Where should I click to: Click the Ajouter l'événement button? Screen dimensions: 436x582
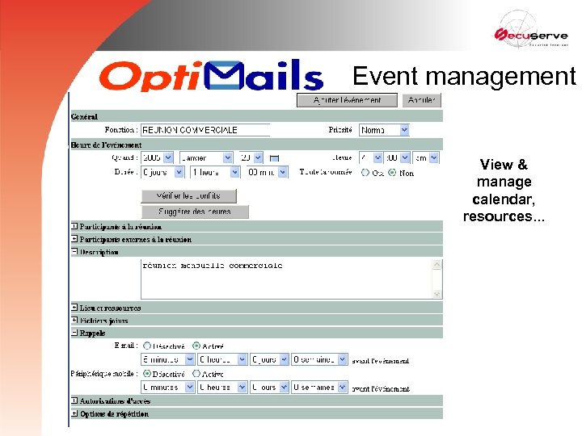tap(348, 101)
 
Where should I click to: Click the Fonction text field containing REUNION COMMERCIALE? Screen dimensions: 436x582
tap(205, 130)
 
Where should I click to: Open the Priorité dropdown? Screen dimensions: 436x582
tap(384, 130)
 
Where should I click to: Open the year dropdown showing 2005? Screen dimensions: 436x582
tap(157, 158)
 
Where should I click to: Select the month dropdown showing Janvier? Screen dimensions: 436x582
tap(205, 158)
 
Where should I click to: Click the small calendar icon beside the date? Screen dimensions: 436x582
tap(274, 158)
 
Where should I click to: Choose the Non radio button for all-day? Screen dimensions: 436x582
tap(393, 172)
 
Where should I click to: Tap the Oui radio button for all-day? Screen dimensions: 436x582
tap(365, 172)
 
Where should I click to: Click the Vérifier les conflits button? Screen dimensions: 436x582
tap(188, 196)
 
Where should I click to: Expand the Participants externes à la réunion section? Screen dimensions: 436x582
tap(74, 239)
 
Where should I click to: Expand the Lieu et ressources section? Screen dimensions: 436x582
tap(74, 308)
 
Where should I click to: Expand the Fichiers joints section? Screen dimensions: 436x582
tap(74, 321)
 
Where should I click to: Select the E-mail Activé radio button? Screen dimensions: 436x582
tap(196, 346)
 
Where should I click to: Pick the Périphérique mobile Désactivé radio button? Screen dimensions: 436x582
tap(146, 374)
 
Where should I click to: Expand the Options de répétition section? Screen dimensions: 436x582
tap(74, 413)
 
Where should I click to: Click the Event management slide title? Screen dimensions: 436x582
tap(464, 77)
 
